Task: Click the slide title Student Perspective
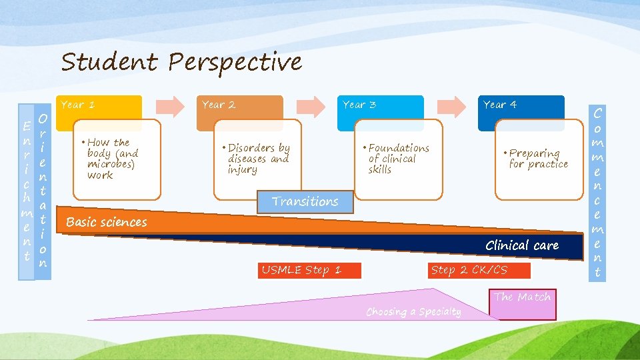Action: pyautogui.click(x=181, y=62)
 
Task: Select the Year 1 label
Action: pyautogui.click(x=78, y=105)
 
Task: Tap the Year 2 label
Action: pyautogui.click(x=219, y=105)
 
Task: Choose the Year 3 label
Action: pyautogui.click(x=359, y=105)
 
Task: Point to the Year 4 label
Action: pyautogui.click(x=500, y=105)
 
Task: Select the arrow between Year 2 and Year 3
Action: pyautogui.click(x=311, y=105)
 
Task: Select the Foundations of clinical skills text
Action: pyautogui.click(x=398, y=159)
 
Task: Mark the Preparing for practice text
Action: pyautogui.click(x=538, y=159)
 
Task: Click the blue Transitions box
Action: pyautogui.click(x=305, y=201)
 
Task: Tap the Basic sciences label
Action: pyautogui.click(x=107, y=222)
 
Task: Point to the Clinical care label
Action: pyautogui.click(x=522, y=245)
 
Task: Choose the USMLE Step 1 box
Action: pyautogui.click(x=301, y=270)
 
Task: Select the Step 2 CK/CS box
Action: pyautogui.click(x=469, y=270)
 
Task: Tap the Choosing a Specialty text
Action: pyautogui.click(x=413, y=311)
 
